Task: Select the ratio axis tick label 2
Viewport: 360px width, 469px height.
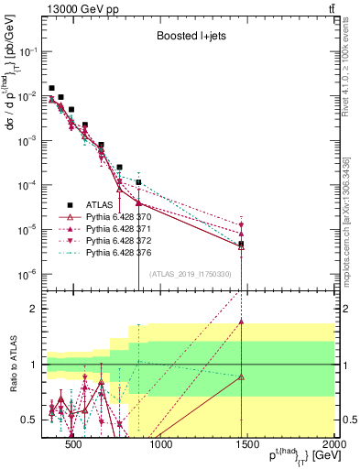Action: point(32,309)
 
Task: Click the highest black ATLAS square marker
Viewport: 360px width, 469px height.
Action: point(51,88)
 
